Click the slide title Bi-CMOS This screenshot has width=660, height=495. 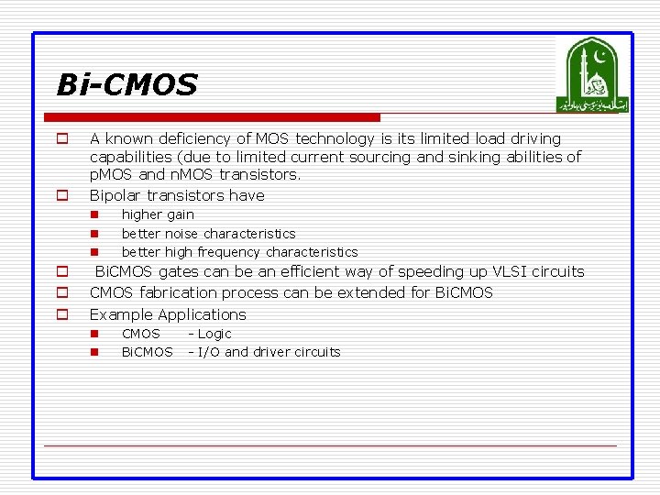pyautogui.click(x=126, y=85)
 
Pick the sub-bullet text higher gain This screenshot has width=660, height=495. pyautogui.click(x=158, y=214)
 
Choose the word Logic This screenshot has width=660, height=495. pyautogui.click(x=214, y=334)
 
